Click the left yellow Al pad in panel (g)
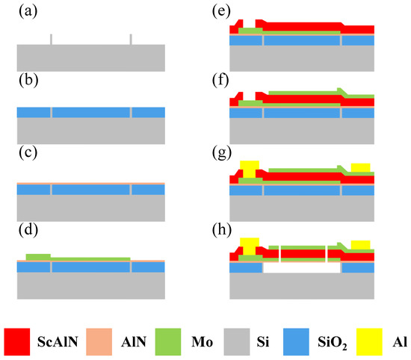coord(250,168)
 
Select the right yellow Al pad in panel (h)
coord(361,243)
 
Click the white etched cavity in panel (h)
coord(302,267)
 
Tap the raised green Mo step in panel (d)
coord(37,256)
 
